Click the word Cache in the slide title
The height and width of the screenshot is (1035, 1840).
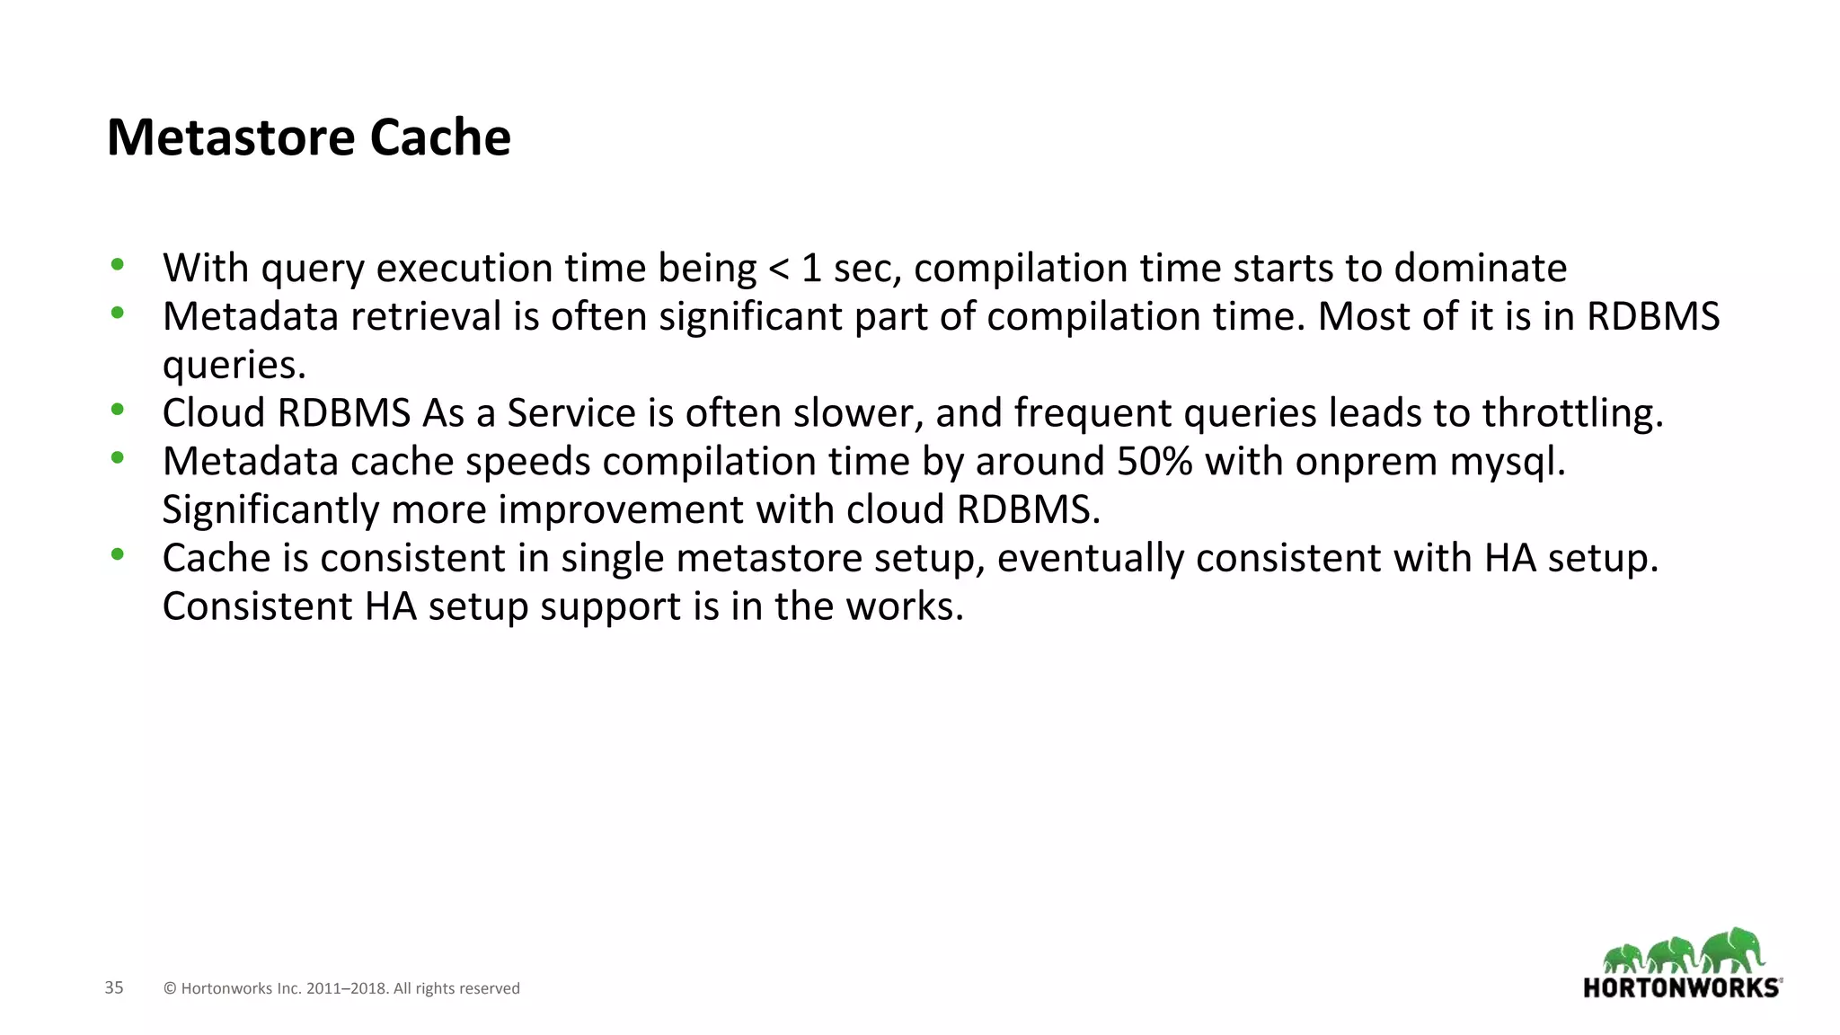click(x=440, y=137)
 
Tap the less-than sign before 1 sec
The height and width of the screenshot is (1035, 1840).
click(x=778, y=269)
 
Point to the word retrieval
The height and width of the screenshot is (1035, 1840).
click(x=425, y=317)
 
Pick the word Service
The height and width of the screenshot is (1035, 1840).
click(x=571, y=413)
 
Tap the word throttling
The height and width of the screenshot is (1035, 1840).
click(x=1572, y=413)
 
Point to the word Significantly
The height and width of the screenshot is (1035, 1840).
click(x=270, y=510)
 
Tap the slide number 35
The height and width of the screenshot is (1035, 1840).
click(x=114, y=987)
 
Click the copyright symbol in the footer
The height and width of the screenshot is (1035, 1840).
click(x=170, y=988)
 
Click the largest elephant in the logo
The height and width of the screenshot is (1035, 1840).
click(x=1733, y=951)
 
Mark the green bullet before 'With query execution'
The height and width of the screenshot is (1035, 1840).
click(x=117, y=264)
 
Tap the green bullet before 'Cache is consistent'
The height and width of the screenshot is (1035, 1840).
click(x=117, y=554)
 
